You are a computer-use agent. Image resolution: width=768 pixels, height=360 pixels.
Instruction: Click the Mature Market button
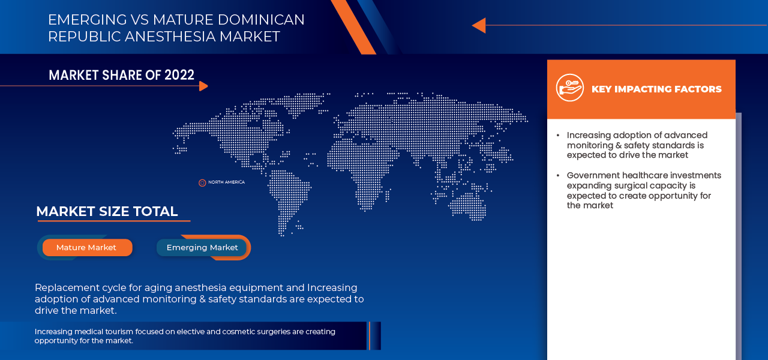87,248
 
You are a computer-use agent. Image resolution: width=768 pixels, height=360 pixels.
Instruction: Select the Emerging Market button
202,248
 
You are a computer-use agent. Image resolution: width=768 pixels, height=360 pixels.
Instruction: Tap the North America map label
226,182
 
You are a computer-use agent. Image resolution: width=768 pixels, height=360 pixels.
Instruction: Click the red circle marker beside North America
202,183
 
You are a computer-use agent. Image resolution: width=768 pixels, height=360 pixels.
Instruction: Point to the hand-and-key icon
570,88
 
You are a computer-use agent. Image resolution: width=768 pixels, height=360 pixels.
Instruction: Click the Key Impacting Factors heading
656,89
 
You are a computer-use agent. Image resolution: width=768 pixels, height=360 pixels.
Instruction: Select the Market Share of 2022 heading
121,75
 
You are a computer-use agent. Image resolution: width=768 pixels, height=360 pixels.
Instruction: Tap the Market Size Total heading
107,211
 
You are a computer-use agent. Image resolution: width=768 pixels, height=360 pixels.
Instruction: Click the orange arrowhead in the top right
479,25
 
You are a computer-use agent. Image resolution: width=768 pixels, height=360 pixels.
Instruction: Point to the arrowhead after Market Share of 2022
203,86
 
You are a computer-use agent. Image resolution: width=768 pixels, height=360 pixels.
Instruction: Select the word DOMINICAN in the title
261,20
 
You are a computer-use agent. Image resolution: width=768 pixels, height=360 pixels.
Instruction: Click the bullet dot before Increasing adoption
558,136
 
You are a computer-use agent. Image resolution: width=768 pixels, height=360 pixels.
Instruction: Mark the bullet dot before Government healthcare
558,176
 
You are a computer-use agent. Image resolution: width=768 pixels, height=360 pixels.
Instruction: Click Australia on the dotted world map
467,206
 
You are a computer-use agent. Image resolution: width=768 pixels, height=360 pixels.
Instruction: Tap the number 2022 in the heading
179,75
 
